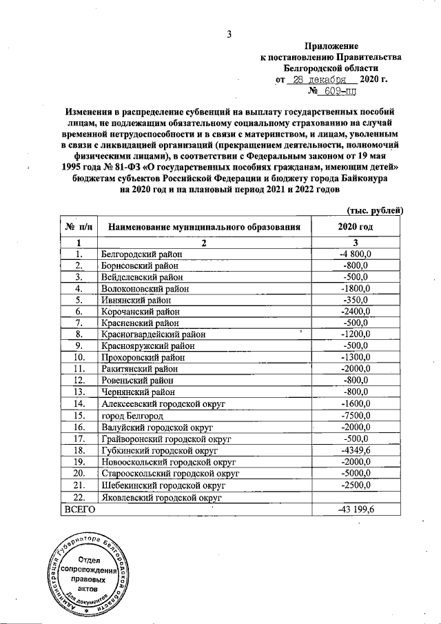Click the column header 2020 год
coord(356,226)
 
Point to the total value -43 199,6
coord(356,509)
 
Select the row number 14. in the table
coord(79,403)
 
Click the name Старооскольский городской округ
coord(170,474)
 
